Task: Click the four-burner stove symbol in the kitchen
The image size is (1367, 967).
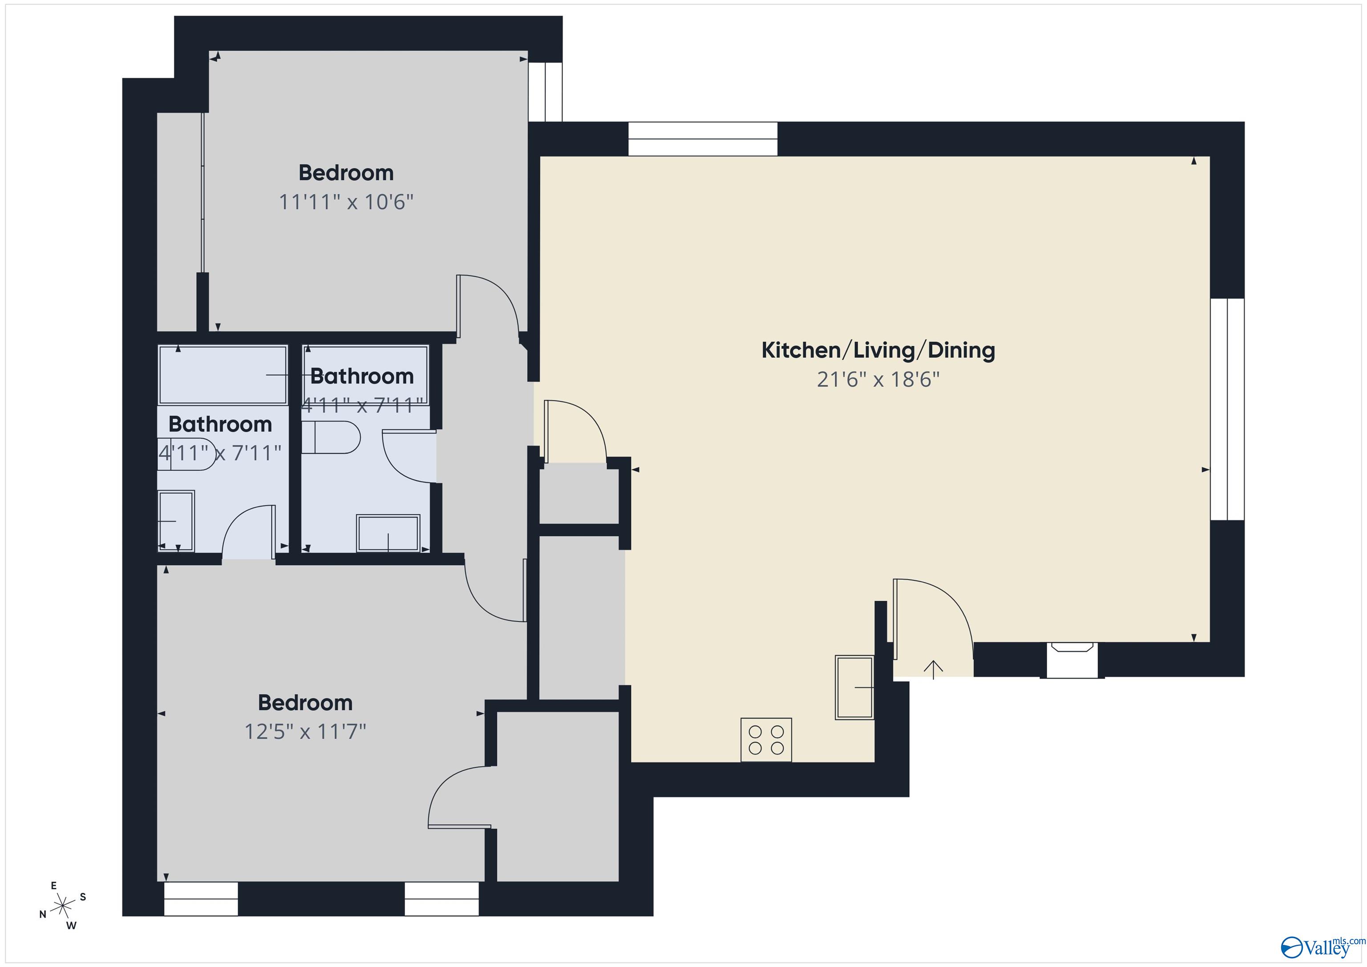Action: tap(766, 740)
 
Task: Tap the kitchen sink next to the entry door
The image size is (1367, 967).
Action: tap(854, 688)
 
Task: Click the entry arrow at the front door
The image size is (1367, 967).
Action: tap(933, 669)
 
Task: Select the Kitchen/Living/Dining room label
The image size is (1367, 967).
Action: tap(878, 350)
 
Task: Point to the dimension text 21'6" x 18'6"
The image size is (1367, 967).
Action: tap(878, 379)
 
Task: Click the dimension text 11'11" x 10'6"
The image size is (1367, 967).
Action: tap(346, 202)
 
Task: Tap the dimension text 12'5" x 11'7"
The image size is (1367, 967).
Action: tap(305, 731)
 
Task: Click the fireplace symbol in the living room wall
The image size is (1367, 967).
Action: tap(1072, 660)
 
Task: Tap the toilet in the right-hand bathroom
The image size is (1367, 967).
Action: tap(331, 437)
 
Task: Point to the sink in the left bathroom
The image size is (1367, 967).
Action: tap(176, 521)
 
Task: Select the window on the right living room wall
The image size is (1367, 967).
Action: tap(1227, 409)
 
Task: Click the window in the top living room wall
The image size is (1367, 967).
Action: tap(703, 139)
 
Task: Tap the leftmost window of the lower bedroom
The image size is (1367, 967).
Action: tap(201, 898)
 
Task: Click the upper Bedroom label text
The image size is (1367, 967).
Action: tap(346, 173)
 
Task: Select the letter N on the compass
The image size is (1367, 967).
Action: tap(43, 914)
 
